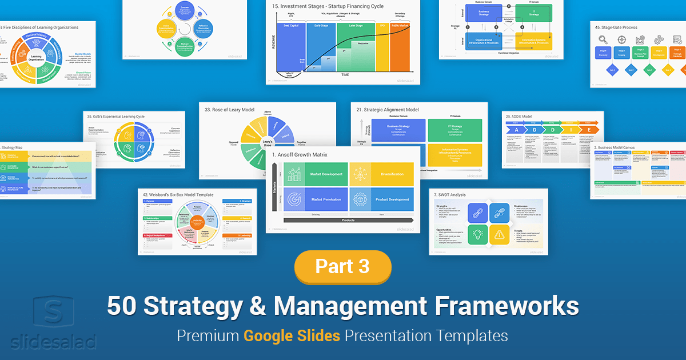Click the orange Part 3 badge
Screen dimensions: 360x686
tap(342, 266)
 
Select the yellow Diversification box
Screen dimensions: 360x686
tap(381, 174)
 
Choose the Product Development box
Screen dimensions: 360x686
tap(381, 199)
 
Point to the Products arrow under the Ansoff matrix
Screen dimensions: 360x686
tap(348, 220)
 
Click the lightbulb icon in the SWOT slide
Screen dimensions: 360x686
tap(478, 234)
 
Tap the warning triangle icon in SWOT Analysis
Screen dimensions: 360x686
tap(499, 234)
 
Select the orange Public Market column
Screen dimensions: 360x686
tap(400, 54)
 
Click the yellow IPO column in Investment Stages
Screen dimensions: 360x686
tap(382, 54)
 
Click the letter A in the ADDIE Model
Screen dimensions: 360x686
tap(516, 129)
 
